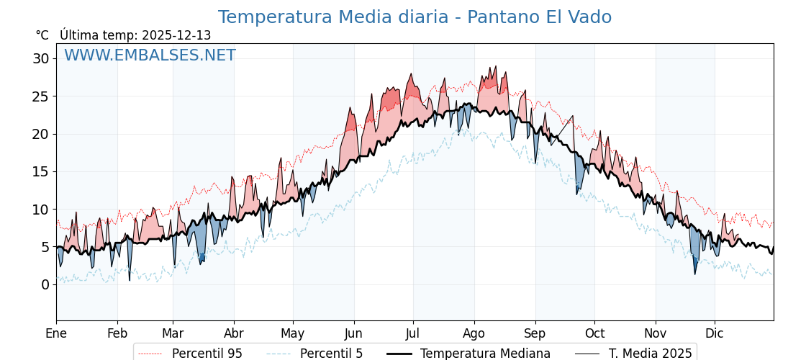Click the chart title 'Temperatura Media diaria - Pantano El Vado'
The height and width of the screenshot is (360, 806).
click(x=415, y=17)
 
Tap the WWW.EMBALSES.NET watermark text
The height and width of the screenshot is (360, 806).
click(x=150, y=55)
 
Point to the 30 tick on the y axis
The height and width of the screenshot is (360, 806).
click(x=41, y=58)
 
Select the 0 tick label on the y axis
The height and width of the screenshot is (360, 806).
click(x=45, y=284)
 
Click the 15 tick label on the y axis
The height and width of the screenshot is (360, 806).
click(x=41, y=171)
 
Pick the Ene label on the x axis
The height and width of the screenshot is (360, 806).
click(x=56, y=333)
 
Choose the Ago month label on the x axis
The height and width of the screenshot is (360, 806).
click(x=474, y=333)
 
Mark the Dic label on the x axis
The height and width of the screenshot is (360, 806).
click(x=715, y=333)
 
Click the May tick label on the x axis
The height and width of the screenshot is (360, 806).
click(x=293, y=333)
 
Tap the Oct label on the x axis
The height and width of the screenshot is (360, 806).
click(x=594, y=333)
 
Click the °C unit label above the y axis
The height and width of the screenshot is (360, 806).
click(x=42, y=35)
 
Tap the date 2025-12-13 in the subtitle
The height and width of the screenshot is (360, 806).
click(x=176, y=35)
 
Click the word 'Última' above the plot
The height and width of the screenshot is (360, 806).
click(x=78, y=35)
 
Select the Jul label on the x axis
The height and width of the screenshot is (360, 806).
click(x=413, y=333)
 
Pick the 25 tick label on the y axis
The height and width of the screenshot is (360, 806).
click(x=41, y=96)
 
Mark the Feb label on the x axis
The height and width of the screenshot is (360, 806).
click(x=117, y=333)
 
